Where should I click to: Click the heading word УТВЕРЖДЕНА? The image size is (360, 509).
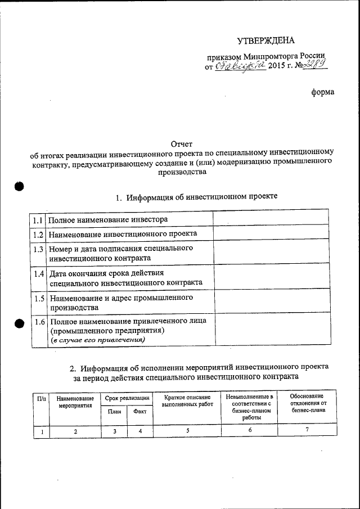coord(265,40)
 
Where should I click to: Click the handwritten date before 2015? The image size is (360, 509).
coord(240,66)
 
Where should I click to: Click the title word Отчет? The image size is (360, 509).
coord(181,144)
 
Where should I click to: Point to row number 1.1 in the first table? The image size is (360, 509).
coord(38,219)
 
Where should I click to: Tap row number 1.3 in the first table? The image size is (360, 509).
coord(38,249)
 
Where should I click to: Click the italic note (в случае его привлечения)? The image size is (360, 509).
coord(98,341)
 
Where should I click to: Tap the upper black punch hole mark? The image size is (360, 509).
coord(19,187)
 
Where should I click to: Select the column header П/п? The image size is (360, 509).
coord(42,398)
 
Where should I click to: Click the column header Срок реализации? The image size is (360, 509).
coord(127,398)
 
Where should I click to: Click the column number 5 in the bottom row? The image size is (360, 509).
coord(187,431)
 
